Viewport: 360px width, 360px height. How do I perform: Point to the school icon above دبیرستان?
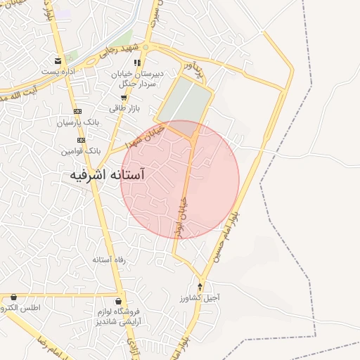click(138, 63)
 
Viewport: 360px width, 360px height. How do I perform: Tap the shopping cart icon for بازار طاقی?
click(124, 98)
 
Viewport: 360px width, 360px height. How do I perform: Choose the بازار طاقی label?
click(124, 108)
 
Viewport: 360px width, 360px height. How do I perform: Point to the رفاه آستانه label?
click(109, 259)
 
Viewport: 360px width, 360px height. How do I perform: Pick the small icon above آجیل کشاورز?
click(200, 287)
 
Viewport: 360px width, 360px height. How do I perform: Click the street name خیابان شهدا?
click(144, 136)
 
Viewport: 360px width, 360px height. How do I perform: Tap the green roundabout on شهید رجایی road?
click(146, 47)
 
